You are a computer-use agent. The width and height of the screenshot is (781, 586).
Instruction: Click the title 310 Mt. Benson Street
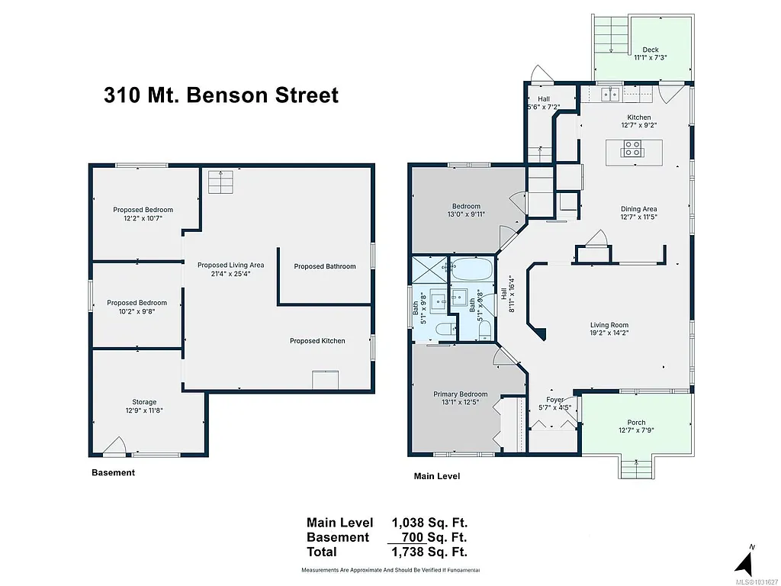221,95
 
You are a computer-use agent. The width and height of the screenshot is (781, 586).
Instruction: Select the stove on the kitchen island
632,148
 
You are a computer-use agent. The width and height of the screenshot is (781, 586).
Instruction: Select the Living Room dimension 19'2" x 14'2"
609,333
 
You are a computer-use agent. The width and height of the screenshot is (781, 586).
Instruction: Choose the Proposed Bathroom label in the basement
325,266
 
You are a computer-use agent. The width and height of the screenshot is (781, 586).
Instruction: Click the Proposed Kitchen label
317,340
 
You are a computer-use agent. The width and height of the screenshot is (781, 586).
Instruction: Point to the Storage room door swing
114,446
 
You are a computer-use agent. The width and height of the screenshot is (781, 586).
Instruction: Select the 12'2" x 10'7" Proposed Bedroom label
143,214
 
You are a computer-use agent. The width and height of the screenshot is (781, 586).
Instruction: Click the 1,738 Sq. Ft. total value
429,552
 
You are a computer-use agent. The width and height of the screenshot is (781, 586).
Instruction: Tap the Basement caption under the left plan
113,472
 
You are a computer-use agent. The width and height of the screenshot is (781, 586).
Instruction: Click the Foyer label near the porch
555,404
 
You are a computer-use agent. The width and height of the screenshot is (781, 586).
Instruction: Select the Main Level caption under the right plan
436,476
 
